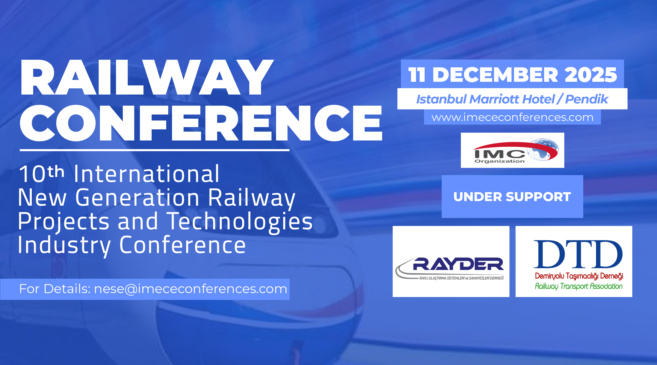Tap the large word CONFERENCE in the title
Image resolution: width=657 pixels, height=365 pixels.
(201, 123)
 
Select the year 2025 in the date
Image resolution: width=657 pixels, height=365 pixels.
(591, 75)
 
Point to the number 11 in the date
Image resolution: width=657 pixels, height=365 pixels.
(417, 75)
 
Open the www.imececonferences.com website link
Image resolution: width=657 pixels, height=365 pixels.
(512, 118)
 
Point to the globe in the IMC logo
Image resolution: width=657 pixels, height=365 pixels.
(542, 150)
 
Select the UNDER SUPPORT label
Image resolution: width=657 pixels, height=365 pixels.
(512, 197)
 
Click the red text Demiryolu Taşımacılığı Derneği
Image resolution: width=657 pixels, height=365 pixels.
(579, 276)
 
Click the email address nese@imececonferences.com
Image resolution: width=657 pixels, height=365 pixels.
(191, 289)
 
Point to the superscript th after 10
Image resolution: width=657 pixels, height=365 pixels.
(56, 171)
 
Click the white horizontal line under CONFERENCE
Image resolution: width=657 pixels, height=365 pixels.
(155, 150)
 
